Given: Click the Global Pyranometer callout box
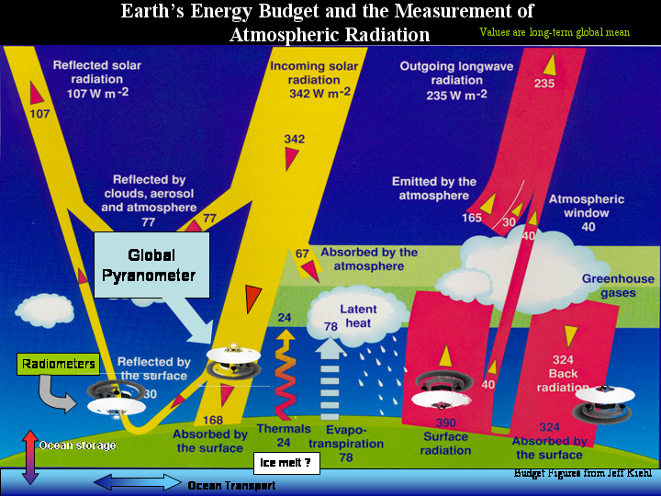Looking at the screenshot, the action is coord(151,265).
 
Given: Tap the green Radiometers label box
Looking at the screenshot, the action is coord(59,364).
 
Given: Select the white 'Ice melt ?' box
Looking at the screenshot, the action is coord(286,463).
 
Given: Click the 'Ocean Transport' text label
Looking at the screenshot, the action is coord(231,486).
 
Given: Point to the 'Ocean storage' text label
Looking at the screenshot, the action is coord(77,445).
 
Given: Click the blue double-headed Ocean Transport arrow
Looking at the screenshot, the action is coord(138,482).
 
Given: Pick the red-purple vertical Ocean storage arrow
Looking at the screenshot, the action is coord(30,457).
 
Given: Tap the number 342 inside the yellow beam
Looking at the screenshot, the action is coord(295,139).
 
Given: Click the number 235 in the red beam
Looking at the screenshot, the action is coord(544,83).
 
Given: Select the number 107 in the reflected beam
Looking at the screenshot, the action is coord(39,114).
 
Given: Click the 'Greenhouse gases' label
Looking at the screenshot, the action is coord(618,286).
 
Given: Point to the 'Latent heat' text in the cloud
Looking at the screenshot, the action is coord(358,316).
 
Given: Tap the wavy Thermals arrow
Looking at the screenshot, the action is coord(285,375).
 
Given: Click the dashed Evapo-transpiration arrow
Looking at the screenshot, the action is coord(330,378).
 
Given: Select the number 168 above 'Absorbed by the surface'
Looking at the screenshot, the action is coord(213,420).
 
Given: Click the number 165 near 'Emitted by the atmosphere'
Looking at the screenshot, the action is coord(472,218).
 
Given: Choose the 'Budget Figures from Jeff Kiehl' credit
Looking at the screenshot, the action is coord(583,473).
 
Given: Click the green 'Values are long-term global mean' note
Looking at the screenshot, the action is coord(555,32).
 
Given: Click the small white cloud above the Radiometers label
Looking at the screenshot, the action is coord(45,310).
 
